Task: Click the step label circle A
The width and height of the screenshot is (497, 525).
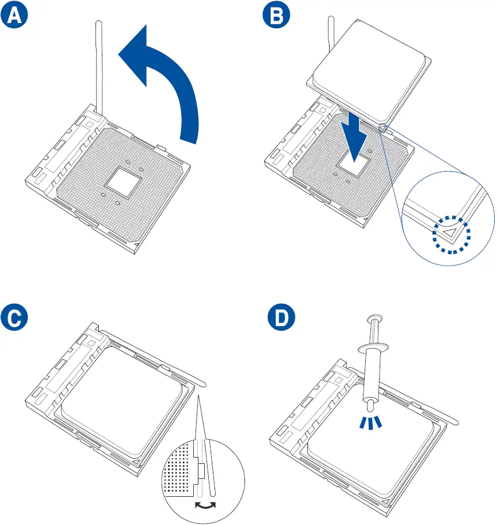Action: click(16, 17)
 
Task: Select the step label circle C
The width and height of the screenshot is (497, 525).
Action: click(16, 320)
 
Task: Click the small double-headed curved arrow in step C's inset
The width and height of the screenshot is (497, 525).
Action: click(205, 505)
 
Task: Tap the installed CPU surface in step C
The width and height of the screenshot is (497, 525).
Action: click(124, 403)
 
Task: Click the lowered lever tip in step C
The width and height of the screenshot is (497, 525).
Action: click(201, 380)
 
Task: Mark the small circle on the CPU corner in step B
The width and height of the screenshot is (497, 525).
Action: click(381, 126)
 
